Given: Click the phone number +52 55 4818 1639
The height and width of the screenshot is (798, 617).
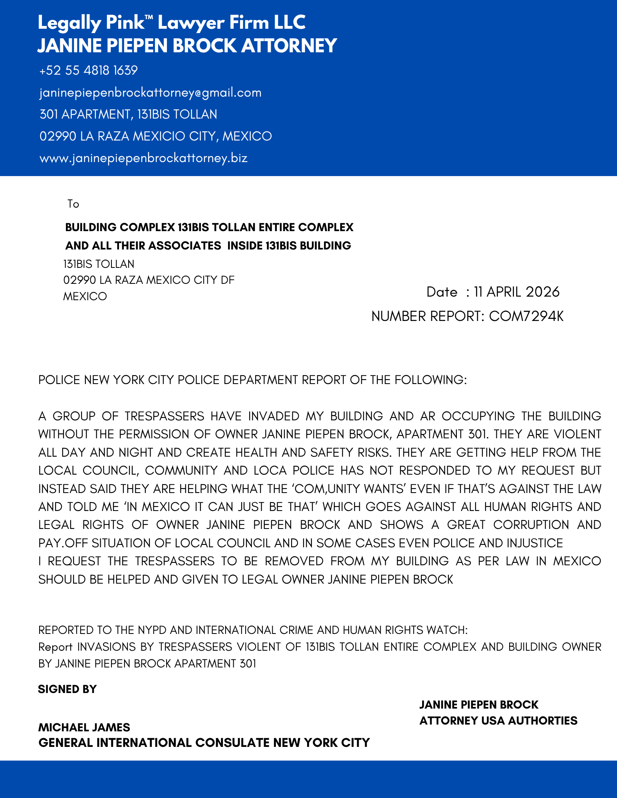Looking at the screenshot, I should (88, 71).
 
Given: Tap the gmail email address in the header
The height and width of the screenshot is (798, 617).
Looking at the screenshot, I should (150, 93).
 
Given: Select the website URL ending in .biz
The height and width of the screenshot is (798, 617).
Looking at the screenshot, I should (143, 158).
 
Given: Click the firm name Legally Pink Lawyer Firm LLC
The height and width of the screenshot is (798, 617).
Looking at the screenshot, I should (171, 23).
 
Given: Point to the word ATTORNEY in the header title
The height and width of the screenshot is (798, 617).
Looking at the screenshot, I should (289, 46).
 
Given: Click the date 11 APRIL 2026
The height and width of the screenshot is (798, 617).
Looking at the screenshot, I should (516, 292).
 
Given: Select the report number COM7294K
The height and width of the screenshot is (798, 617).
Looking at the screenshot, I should (526, 316).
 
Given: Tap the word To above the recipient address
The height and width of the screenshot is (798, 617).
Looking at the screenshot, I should (73, 204).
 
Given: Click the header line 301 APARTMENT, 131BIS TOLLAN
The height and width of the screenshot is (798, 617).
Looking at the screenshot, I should (128, 115).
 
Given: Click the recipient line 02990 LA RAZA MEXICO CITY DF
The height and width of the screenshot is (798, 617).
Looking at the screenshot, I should (149, 280).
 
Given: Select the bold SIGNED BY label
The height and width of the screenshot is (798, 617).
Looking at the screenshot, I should (67, 689).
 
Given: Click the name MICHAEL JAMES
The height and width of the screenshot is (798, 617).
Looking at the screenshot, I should (84, 727).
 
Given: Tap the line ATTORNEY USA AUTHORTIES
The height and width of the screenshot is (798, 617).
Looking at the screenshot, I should (498, 721).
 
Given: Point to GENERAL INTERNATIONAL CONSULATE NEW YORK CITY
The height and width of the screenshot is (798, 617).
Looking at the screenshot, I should (204, 743).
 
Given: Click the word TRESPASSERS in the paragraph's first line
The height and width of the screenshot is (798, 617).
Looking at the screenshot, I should (164, 416).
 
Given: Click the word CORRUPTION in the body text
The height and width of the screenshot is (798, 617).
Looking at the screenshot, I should (531, 525).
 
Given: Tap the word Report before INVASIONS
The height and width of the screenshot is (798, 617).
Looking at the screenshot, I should (55, 647).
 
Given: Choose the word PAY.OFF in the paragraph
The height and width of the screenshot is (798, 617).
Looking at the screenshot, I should (63, 543).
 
